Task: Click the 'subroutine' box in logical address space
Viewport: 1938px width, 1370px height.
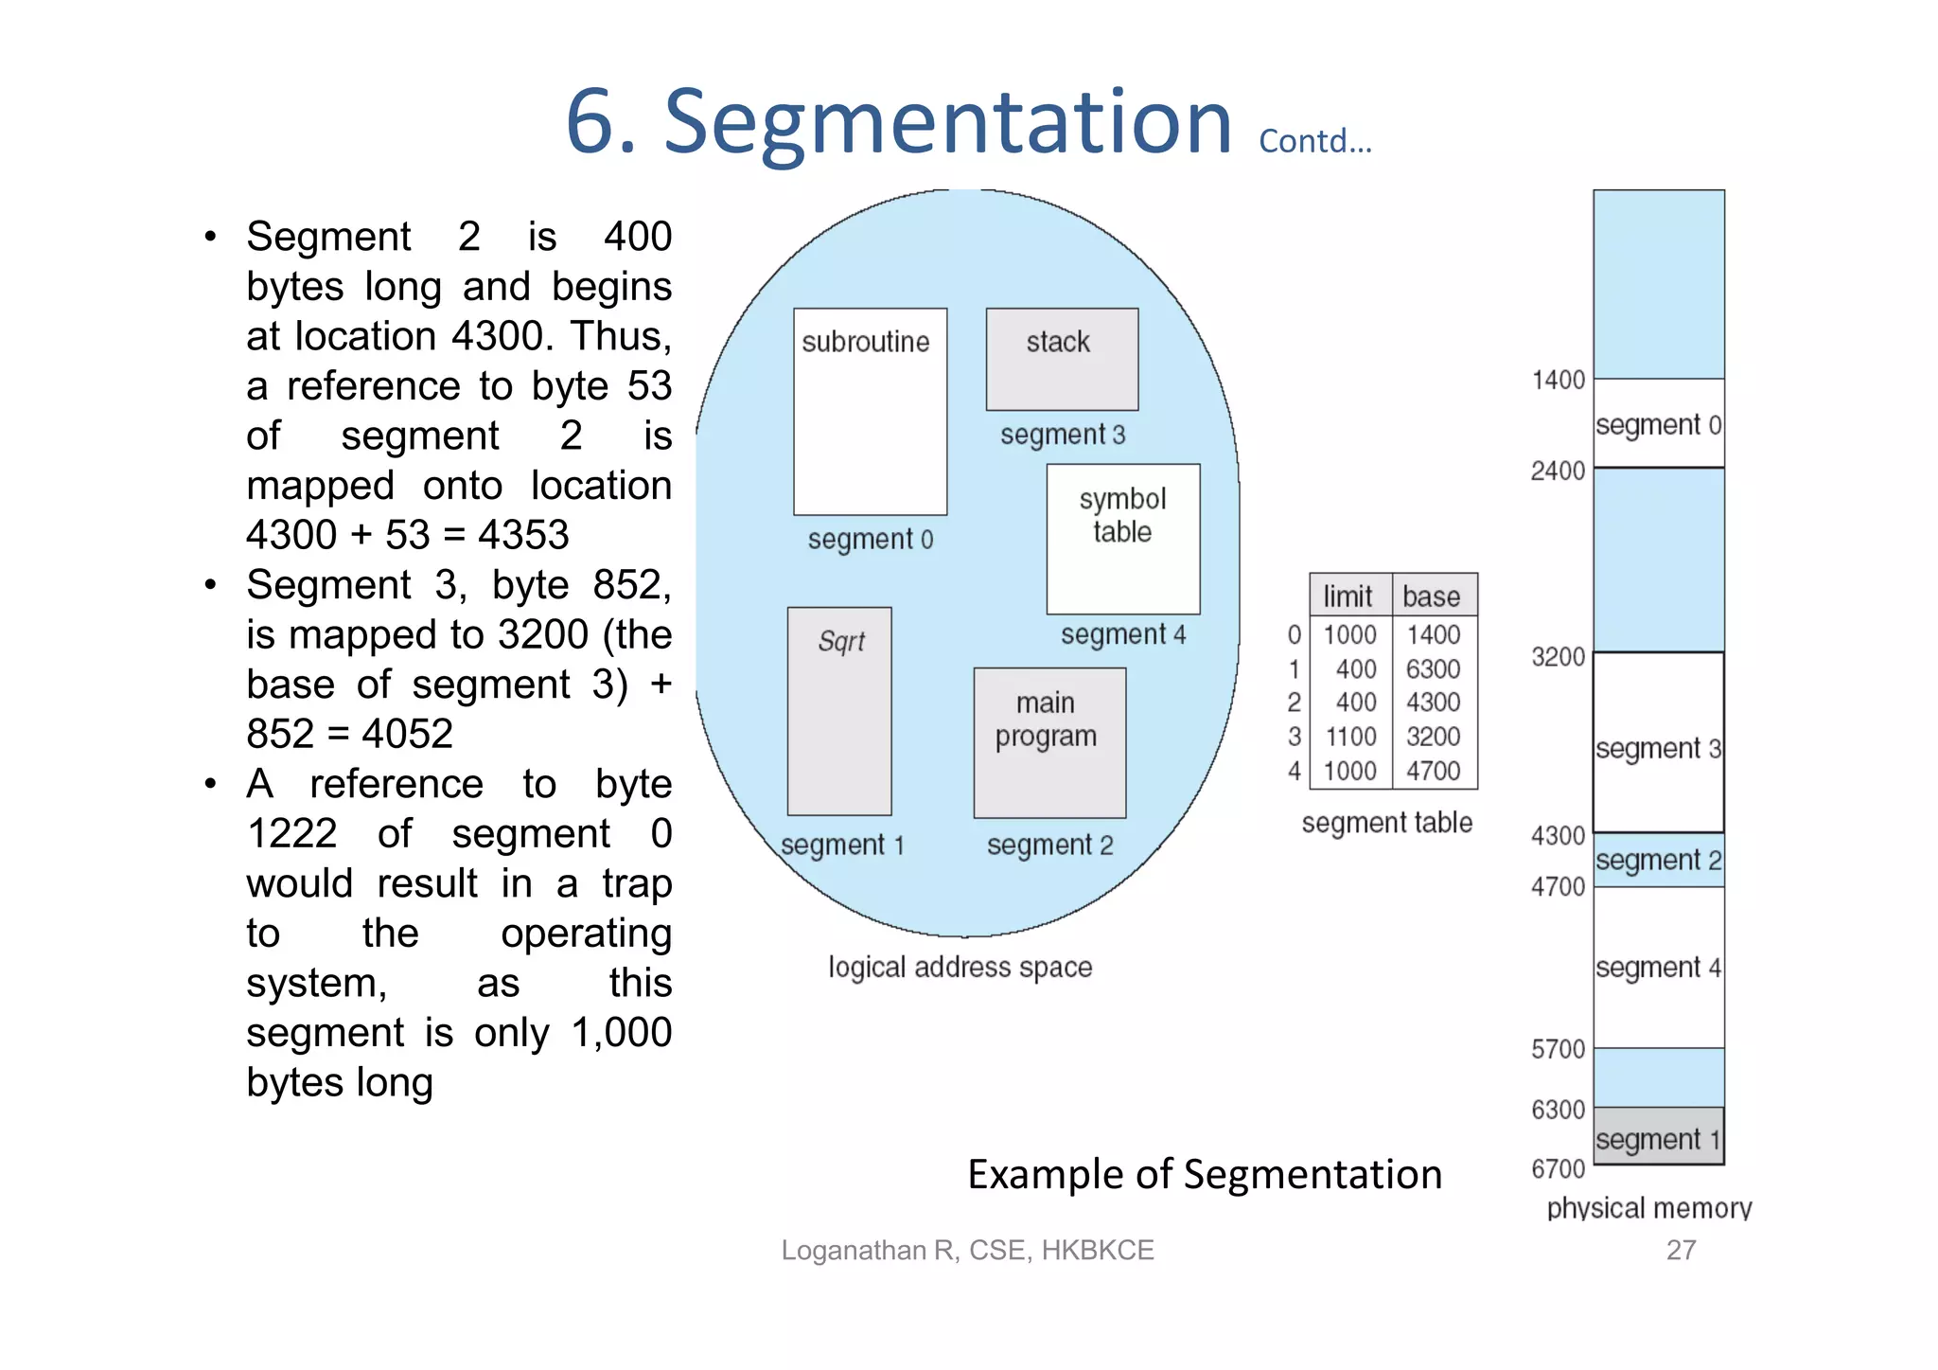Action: [870, 412]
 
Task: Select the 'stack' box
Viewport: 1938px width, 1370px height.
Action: [1062, 359]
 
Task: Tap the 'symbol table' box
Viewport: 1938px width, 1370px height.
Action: [1123, 539]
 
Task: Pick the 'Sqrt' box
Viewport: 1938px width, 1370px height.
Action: [839, 711]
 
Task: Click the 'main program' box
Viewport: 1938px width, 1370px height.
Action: [1049, 743]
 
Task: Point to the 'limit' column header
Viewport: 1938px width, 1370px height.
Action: [1348, 596]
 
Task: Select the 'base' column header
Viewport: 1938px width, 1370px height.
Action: [1432, 596]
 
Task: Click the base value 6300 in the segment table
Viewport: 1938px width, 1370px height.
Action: [1433, 669]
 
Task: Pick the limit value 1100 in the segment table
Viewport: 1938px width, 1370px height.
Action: [1350, 737]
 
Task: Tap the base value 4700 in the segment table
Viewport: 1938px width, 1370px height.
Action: [1433, 771]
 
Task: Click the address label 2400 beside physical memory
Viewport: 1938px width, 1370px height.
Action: [1558, 471]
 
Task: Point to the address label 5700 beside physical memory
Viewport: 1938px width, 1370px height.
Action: [1558, 1049]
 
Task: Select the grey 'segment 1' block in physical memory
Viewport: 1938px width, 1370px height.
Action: [1658, 1137]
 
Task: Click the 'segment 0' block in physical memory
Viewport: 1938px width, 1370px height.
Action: [1658, 424]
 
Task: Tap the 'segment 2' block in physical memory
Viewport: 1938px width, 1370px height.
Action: [1658, 860]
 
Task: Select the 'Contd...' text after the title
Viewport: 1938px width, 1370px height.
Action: [1314, 141]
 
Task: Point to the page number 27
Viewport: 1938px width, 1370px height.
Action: [1681, 1250]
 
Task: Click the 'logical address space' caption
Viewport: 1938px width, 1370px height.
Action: [960, 967]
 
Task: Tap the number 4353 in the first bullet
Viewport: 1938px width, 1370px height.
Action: [523, 535]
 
